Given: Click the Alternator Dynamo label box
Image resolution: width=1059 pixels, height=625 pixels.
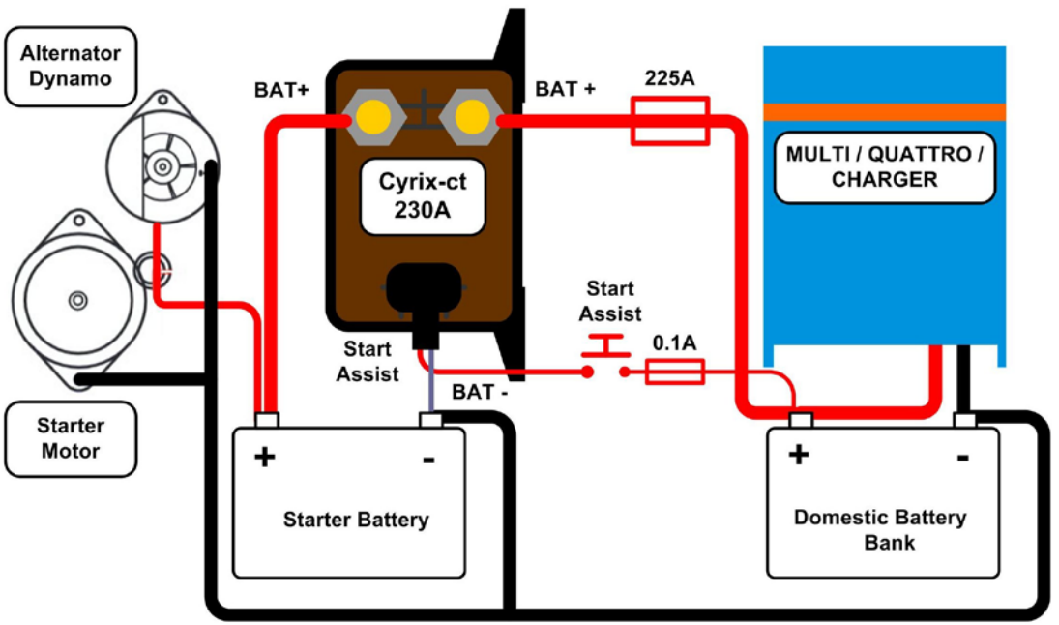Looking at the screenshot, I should (x=71, y=66).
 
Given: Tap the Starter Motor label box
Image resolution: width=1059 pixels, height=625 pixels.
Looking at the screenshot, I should (x=71, y=438).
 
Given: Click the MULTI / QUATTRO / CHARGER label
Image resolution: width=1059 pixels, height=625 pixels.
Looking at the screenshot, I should (x=885, y=166).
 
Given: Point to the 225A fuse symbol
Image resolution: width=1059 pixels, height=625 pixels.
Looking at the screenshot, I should (x=670, y=120).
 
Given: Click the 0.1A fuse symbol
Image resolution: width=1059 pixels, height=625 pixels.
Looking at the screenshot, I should (x=674, y=371).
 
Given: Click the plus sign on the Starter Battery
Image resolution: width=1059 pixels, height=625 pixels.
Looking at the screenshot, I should (x=264, y=457).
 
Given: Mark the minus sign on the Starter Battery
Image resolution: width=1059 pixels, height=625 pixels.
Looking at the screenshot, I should (x=428, y=458).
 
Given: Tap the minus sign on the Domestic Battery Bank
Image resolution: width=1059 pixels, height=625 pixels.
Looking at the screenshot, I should (x=962, y=457).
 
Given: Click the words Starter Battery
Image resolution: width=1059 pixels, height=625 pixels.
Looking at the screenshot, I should (x=355, y=520).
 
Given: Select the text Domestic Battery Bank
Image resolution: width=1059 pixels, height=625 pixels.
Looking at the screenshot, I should (x=880, y=528).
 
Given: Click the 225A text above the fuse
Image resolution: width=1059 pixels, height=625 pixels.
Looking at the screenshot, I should (x=670, y=78).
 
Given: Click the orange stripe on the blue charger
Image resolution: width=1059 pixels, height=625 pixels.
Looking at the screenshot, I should (x=884, y=111).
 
